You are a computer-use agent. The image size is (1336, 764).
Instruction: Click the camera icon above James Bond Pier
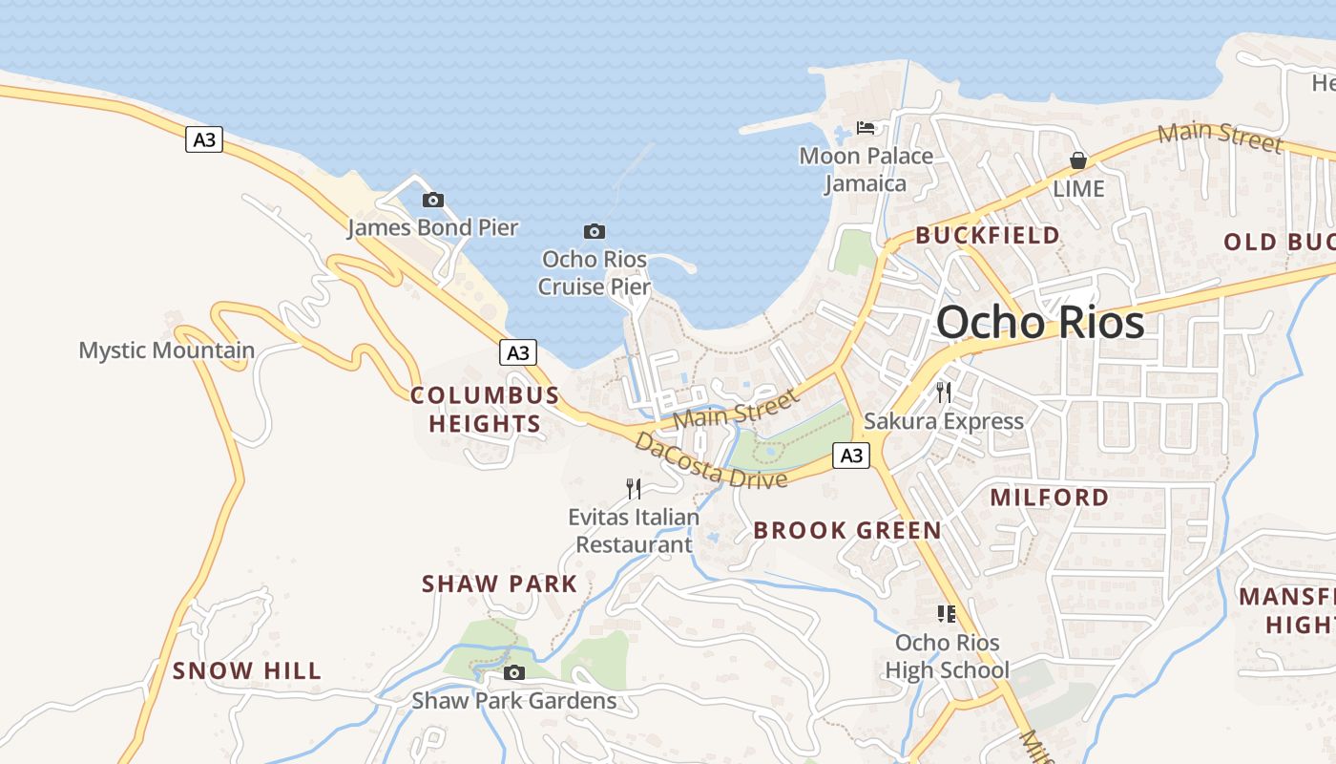(x=433, y=200)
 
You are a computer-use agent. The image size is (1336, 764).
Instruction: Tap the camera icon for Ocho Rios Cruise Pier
(x=595, y=231)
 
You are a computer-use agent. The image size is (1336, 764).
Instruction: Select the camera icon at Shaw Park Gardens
(x=514, y=672)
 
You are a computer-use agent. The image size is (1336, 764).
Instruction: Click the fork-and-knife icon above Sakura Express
(x=944, y=392)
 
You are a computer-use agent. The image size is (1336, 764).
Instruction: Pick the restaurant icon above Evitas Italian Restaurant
(x=634, y=489)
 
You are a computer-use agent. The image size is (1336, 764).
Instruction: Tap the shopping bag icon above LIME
(x=1077, y=160)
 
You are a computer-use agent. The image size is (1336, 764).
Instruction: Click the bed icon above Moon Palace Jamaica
(x=866, y=127)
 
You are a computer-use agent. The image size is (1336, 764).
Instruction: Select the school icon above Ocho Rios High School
(x=947, y=613)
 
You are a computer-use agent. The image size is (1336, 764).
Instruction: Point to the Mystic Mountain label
(x=167, y=350)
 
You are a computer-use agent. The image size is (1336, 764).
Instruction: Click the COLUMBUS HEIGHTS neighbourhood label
(x=485, y=410)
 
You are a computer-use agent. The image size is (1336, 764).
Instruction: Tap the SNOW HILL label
(x=247, y=671)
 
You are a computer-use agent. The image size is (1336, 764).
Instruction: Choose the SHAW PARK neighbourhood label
(x=500, y=584)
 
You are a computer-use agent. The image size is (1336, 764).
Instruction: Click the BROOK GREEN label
(x=847, y=531)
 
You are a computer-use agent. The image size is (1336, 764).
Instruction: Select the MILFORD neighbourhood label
(x=1050, y=498)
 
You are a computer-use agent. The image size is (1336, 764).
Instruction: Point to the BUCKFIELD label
(x=988, y=235)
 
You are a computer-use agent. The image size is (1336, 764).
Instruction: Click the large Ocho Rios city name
(x=1040, y=323)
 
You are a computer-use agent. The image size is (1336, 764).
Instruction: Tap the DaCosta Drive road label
(x=712, y=460)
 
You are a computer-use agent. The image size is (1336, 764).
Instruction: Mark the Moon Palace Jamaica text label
(x=866, y=169)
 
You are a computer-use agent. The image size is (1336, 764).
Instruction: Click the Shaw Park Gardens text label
(x=514, y=701)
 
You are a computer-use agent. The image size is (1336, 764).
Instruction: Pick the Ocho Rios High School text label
(x=947, y=656)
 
